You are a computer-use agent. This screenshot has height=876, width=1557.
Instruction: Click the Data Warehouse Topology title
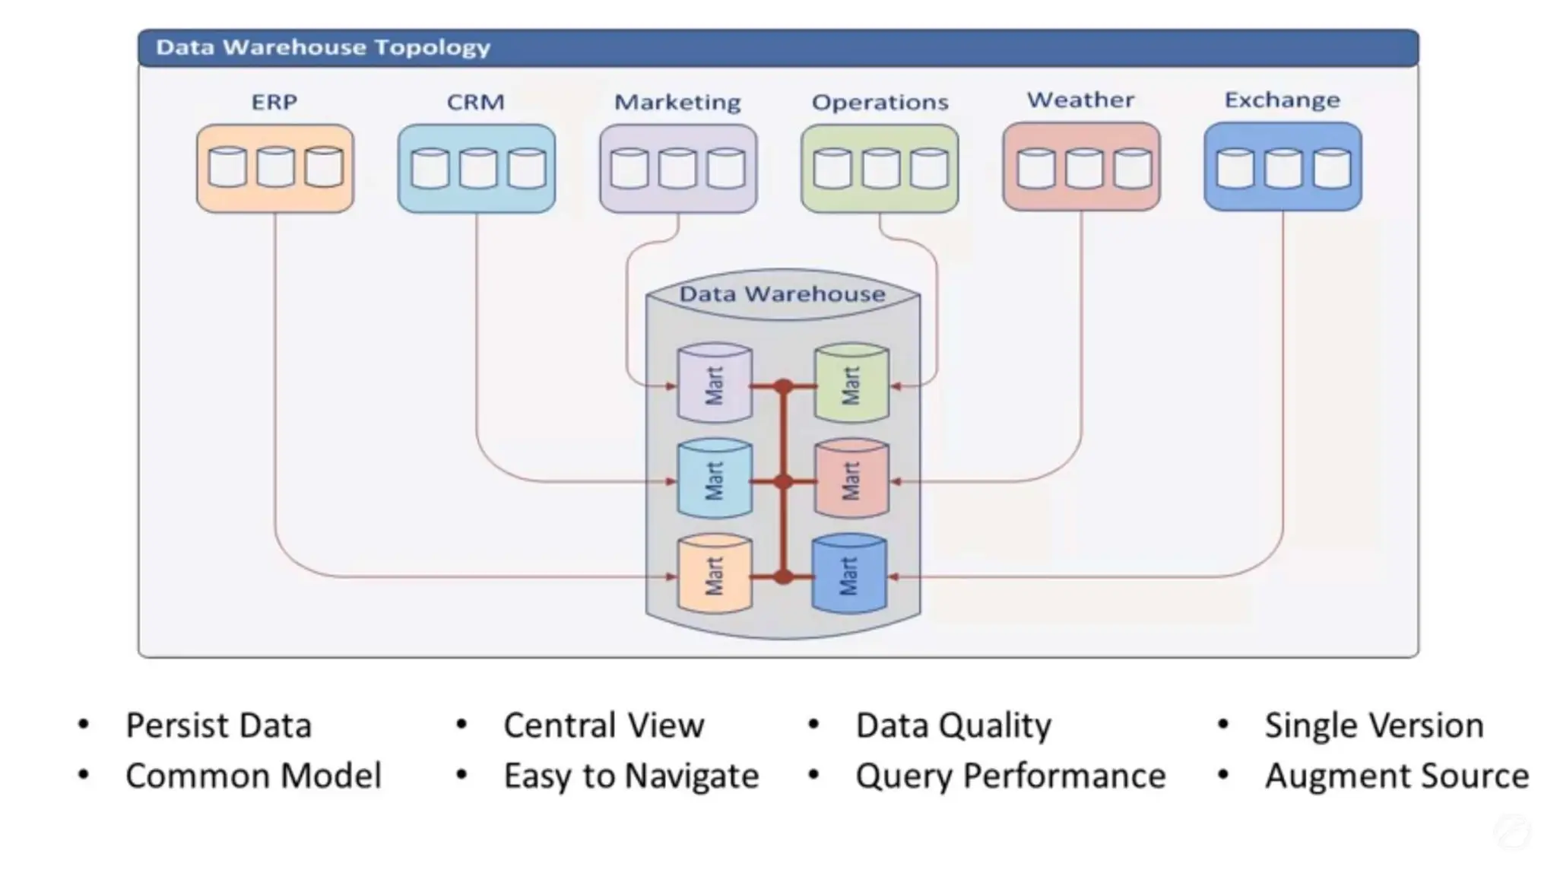click(323, 47)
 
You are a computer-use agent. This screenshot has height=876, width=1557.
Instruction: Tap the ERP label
click(274, 102)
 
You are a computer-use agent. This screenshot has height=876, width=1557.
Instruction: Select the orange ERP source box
click(275, 168)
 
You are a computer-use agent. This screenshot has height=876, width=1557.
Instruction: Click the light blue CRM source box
click(477, 168)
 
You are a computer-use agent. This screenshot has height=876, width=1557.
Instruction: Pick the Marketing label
click(677, 102)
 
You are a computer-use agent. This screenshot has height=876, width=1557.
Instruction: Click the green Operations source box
click(880, 168)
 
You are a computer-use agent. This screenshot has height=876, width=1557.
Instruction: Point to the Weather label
click(1080, 100)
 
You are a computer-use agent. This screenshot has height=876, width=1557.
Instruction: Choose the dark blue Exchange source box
click(1283, 167)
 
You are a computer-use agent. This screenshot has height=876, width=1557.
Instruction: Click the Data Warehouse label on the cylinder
click(782, 294)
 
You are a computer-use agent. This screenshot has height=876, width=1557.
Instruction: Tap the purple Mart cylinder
click(715, 383)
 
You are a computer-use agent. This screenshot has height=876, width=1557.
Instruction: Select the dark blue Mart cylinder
click(849, 574)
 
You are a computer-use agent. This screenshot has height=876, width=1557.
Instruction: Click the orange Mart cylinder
click(715, 574)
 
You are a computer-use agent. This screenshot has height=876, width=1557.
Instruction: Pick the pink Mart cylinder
click(851, 479)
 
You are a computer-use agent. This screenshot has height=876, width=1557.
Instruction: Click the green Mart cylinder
click(851, 383)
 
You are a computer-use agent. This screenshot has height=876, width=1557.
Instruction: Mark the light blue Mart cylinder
click(715, 479)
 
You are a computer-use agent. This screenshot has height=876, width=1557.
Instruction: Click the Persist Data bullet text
click(218, 725)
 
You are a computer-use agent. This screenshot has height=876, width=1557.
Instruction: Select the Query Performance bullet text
click(1010, 776)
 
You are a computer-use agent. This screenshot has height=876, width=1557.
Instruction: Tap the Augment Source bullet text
click(1397, 776)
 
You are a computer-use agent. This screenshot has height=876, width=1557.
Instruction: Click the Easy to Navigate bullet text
click(631, 776)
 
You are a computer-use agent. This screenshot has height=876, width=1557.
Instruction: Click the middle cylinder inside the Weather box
click(1083, 168)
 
